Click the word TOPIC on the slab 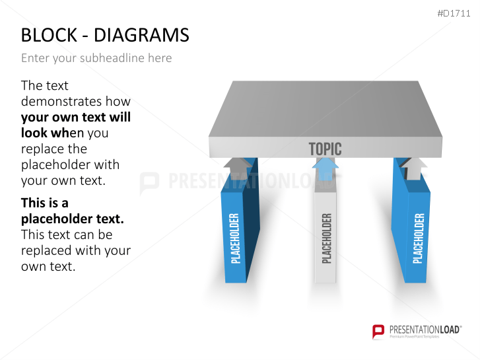(x=325, y=149)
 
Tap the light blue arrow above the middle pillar (x=326, y=168)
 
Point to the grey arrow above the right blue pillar (x=413, y=169)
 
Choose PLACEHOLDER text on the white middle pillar (x=327, y=238)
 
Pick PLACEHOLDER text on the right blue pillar (x=419, y=238)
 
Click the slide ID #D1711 (x=454, y=13)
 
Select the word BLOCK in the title (x=49, y=35)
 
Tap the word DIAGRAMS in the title (x=141, y=35)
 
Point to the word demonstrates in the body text (x=76, y=101)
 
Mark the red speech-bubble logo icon (x=378, y=332)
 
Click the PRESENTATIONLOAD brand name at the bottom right (x=425, y=330)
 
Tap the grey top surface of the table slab (x=326, y=109)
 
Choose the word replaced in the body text (x=46, y=250)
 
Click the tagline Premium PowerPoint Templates (x=414, y=336)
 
